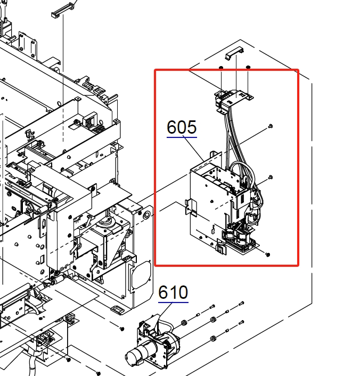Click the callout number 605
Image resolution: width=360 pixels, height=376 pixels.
pyautogui.click(x=182, y=127)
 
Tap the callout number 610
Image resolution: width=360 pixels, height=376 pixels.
pyautogui.click(x=173, y=292)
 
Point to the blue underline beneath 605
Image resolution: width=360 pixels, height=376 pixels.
pyautogui.click(x=182, y=137)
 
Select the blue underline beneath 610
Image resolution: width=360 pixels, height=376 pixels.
pyautogui.click(x=173, y=302)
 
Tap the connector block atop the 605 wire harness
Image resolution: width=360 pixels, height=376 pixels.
pyautogui.click(x=232, y=100)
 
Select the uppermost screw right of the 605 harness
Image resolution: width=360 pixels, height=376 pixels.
pyautogui.click(x=271, y=126)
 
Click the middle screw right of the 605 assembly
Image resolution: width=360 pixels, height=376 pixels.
pyautogui.click(x=271, y=177)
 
